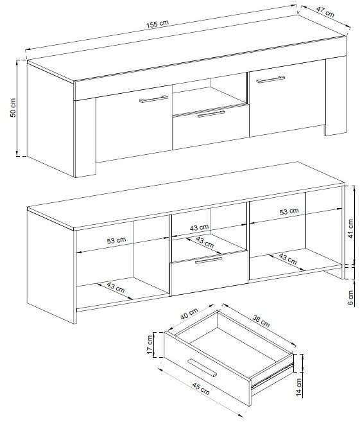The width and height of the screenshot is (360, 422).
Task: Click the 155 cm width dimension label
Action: coord(157,24)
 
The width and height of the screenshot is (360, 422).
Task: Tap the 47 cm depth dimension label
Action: coord(325,12)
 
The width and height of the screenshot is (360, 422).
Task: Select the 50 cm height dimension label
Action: coord(13,108)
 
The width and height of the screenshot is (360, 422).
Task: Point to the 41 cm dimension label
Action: coord(350,229)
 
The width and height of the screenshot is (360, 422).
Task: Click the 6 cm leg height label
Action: coord(351,297)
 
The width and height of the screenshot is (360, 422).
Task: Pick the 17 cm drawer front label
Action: coord(150,345)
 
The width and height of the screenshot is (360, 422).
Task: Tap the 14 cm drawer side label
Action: coord(298,387)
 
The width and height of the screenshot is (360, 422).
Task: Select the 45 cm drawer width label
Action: coord(201,389)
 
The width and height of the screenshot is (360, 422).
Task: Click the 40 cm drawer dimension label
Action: coord(189,314)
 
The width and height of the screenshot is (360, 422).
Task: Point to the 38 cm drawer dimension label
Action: coord(261,321)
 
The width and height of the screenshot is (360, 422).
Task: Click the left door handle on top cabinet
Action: coord(153,99)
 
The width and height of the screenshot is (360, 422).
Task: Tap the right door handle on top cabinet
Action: coord(270,79)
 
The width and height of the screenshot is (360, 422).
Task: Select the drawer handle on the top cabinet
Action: coord(211,114)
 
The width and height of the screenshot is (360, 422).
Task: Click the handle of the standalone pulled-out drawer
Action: coord(202,367)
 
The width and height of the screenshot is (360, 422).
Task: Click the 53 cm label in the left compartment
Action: coord(116,240)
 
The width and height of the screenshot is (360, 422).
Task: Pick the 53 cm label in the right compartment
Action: coord(289,211)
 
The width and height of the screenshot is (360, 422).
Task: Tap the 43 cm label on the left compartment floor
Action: coord(116,287)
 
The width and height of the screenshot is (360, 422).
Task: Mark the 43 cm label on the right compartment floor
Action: coord(287,259)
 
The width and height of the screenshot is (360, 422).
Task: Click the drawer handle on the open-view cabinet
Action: coord(209,260)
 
